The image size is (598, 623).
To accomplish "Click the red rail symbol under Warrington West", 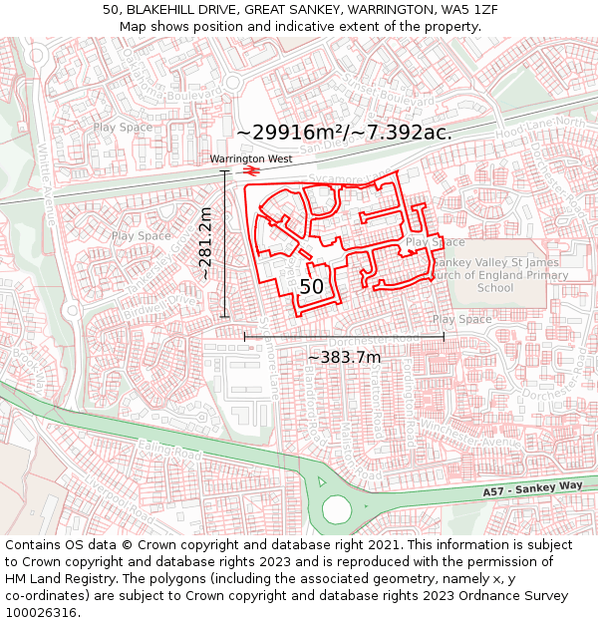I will click(250, 170).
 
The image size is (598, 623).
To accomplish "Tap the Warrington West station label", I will click(250, 158).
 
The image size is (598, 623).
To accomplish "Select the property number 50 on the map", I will click(312, 286).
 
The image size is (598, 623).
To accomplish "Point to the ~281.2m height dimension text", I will click(205, 243).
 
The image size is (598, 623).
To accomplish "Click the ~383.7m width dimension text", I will click(344, 357).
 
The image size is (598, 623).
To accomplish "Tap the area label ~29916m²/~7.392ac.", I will click(344, 132).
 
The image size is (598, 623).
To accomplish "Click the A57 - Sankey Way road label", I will click(531, 488).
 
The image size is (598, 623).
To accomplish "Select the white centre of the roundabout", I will click(337, 509).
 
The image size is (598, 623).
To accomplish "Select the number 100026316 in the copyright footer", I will click(42, 612).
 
